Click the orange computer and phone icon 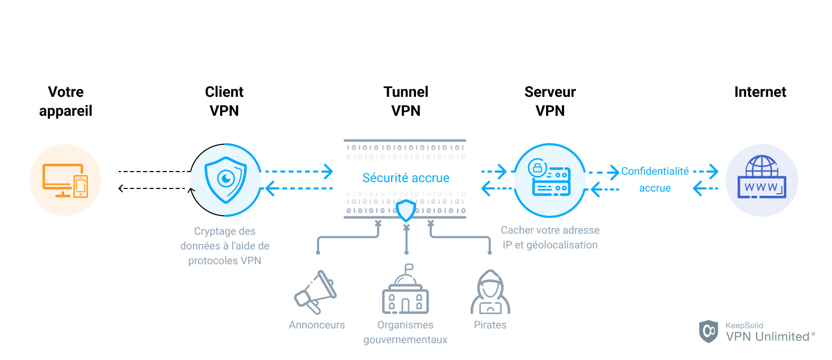(x=65, y=180)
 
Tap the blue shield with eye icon (x=225, y=180)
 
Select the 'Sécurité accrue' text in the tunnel (x=405, y=178)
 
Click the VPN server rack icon (x=550, y=180)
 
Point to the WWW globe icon (x=761, y=178)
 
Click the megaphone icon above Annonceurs (x=315, y=292)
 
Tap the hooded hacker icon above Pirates (x=490, y=293)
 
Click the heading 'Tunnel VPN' (x=405, y=101)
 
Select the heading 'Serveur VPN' (x=550, y=101)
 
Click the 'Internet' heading (x=760, y=92)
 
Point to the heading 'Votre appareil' (x=66, y=101)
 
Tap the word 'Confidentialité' (x=655, y=171)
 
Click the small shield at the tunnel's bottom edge (x=405, y=211)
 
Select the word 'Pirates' (x=490, y=325)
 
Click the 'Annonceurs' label (x=316, y=325)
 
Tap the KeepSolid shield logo (x=708, y=331)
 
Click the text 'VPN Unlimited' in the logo (x=767, y=337)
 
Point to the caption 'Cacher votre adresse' (x=550, y=230)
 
